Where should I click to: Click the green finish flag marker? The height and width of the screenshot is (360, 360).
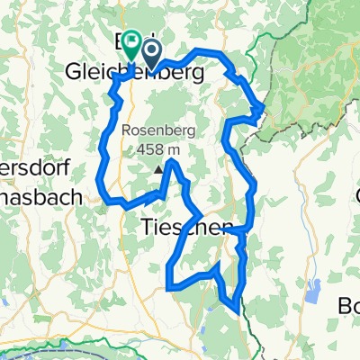pos(132,40)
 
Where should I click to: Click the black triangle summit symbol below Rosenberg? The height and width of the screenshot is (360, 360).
pos(159,168)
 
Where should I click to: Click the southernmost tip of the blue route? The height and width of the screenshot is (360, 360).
pos(238,313)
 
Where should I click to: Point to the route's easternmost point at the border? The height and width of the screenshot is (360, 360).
pos(262,109)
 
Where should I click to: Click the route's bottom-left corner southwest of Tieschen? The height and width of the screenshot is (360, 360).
pos(169,288)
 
